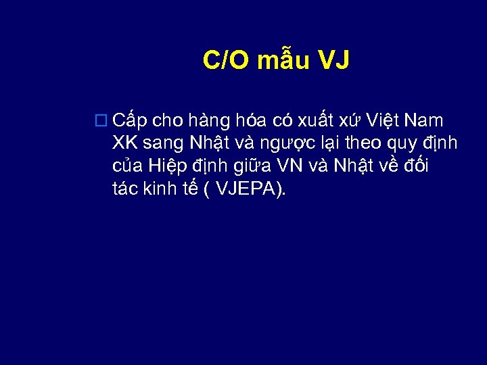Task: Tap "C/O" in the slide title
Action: pyautogui.click(x=227, y=62)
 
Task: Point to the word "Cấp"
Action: pyautogui.click(x=131, y=122)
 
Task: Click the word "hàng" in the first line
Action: pyautogui.click(x=211, y=122)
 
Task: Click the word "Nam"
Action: pyautogui.click(x=427, y=122)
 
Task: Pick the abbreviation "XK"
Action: pyautogui.click(x=125, y=144)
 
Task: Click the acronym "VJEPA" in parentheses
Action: pyautogui.click(x=246, y=190)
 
